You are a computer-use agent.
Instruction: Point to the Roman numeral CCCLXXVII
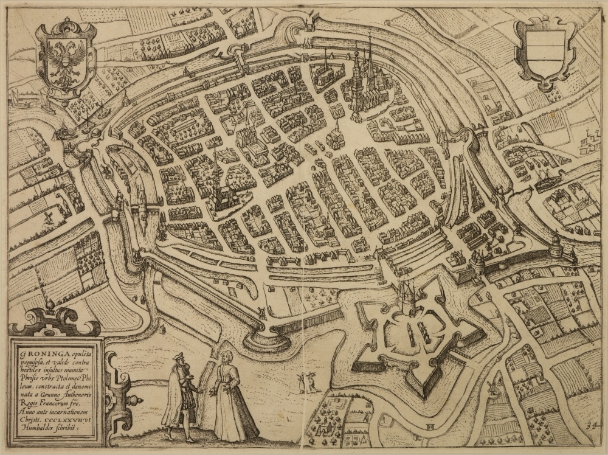[71, 417]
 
